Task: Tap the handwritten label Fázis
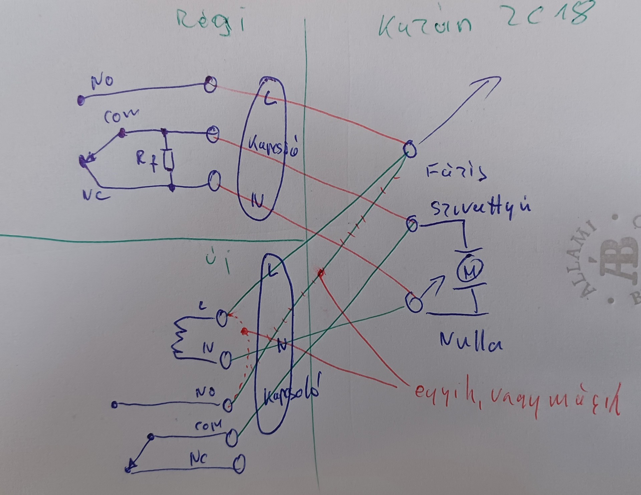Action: coord(456,173)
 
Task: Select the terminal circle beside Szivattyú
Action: coord(412,224)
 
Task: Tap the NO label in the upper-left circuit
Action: coord(102,82)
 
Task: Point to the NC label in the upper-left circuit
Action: coord(97,197)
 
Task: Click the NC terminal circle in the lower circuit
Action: coord(238,463)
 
